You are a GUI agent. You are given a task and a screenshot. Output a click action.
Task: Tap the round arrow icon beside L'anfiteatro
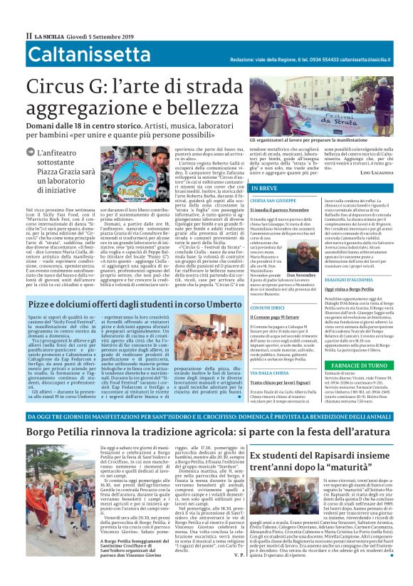pos(29,152)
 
